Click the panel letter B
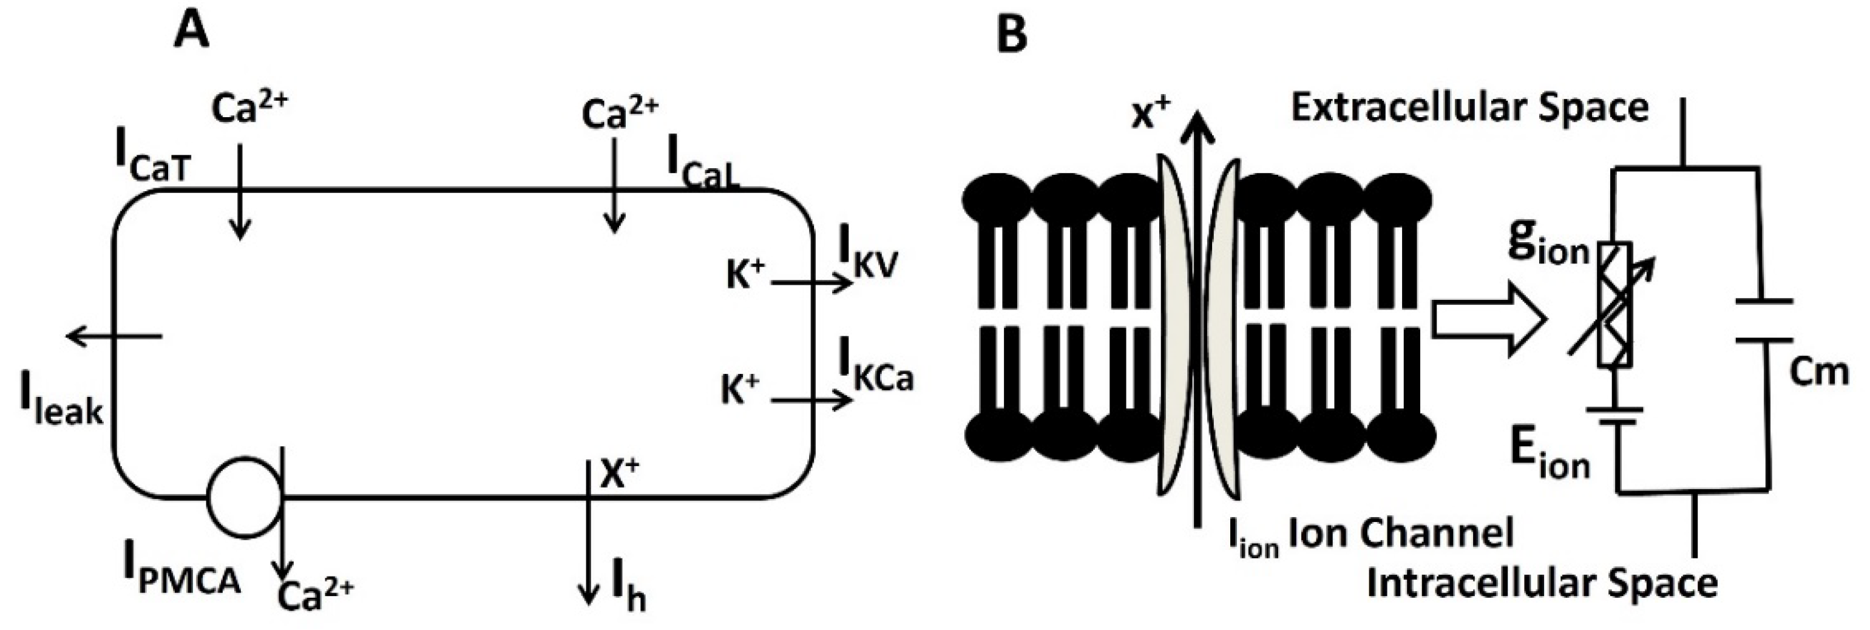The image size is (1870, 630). [x=1012, y=32]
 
